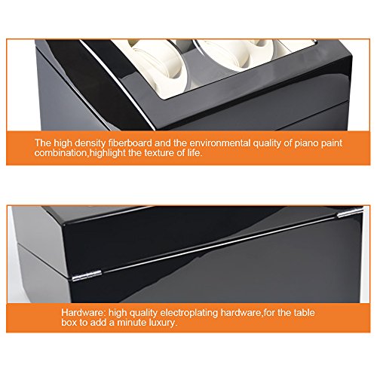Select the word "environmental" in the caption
pos(220,143)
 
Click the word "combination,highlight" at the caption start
pos(80,153)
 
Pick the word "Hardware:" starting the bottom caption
pos(84,313)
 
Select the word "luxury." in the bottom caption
pos(163,323)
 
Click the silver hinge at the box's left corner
pos(87,275)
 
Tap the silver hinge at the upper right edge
pos(350,213)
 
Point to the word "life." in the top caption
pos(194,153)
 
